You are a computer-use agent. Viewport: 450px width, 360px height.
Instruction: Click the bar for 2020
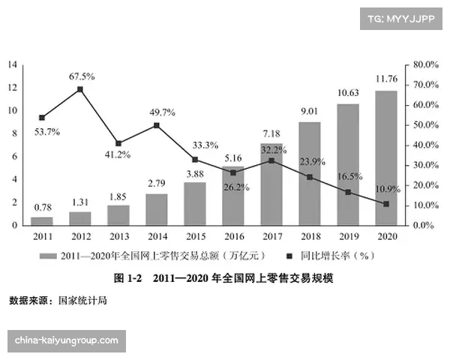(x=386, y=157)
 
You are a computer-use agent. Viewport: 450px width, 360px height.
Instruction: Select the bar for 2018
(x=310, y=173)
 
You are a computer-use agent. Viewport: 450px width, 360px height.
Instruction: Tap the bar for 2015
(x=195, y=203)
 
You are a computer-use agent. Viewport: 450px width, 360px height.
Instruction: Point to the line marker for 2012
(x=79, y=89)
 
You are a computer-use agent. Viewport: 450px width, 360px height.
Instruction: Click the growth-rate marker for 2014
(x=157, y=125)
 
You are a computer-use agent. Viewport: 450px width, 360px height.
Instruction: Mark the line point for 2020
(x=386, y=204)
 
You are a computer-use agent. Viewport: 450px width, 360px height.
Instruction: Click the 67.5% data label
(x=81, y=76)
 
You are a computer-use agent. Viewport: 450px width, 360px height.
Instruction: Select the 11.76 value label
(x=386, y=77)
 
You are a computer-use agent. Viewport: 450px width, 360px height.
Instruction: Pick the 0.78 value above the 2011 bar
(x=42, y=208)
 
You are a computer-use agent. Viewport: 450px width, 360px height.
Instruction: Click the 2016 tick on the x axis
(x=233, y=236)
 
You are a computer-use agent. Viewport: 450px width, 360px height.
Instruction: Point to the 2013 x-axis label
(x=118, y=236)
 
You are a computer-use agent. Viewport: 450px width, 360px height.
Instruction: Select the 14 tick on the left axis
(x=13, y=65)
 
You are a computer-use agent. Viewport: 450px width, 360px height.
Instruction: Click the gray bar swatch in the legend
(x=49, y=256)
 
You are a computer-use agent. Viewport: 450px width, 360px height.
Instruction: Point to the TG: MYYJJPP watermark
(x=402, y=19)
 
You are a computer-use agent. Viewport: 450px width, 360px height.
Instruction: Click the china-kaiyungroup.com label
(x=66, y=340)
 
